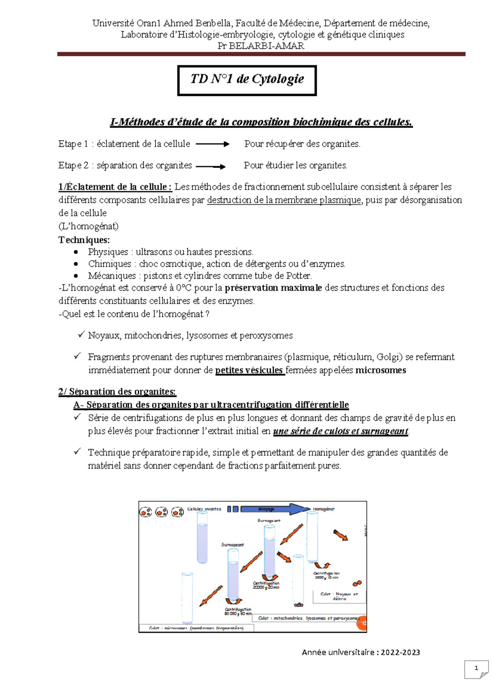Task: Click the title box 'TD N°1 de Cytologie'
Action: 247,80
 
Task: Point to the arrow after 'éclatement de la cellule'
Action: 212,144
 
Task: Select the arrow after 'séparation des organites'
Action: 211,166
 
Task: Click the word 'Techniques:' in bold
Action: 84,240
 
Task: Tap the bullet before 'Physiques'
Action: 76,252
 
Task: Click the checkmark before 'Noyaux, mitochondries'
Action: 81,335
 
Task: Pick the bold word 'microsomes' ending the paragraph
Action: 380,370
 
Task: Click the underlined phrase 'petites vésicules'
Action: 249,370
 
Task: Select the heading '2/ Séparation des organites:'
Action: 117,391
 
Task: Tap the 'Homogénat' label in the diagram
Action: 324,509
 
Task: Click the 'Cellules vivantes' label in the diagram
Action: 204,509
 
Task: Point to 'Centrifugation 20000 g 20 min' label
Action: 266,585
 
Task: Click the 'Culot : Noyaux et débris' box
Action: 339,596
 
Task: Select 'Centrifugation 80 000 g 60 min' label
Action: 238,611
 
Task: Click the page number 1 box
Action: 476,668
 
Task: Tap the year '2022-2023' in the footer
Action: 401,652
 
